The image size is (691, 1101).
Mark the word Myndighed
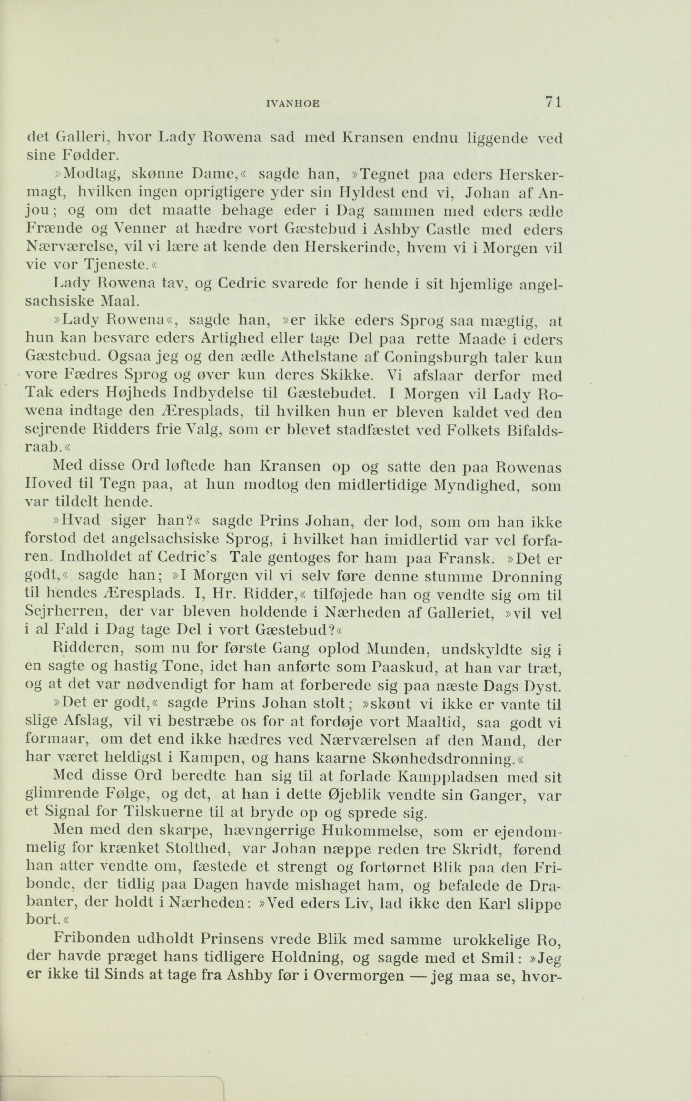coord(469,486)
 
